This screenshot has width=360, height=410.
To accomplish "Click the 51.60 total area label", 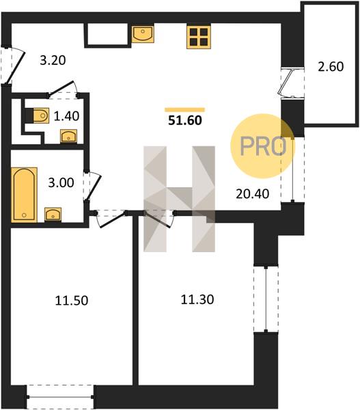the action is click(x=185, y=120).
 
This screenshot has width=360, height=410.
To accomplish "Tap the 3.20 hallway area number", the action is click(x=53, y=60).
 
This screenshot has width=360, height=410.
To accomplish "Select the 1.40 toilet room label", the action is click(x=66, y=116).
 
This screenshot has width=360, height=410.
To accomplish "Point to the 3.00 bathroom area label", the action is click(x=61, y=182).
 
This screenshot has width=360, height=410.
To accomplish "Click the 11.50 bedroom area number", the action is click(x=71, y=301).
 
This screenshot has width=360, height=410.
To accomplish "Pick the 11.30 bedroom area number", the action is click(x=197, y=299).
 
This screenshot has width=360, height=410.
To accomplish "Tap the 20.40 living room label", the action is click(x=252, y=194).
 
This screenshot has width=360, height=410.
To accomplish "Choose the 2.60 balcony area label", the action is click(x=331, y=66).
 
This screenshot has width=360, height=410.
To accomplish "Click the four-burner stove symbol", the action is click(x=199, y=37).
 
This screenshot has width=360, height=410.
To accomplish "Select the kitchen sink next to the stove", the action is click(x=143, y=33).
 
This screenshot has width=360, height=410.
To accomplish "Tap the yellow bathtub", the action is click(x=24, y=195).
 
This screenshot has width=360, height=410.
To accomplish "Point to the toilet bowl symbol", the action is click(x=41, y=115).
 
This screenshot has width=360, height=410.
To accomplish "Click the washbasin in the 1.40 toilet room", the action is click(x=69, y=136).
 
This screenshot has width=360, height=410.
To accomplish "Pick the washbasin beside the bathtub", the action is click(x=53, y=215).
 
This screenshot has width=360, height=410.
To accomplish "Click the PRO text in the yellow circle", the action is click(x=263, y=146).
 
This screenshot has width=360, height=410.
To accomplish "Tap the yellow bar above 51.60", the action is click(x=184, y=110).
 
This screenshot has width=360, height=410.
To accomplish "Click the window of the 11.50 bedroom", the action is click(x=60, y=396).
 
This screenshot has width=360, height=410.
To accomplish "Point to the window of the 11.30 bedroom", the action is click(x=266, y=299).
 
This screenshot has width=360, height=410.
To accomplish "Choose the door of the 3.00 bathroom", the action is click(x=92, y=185).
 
